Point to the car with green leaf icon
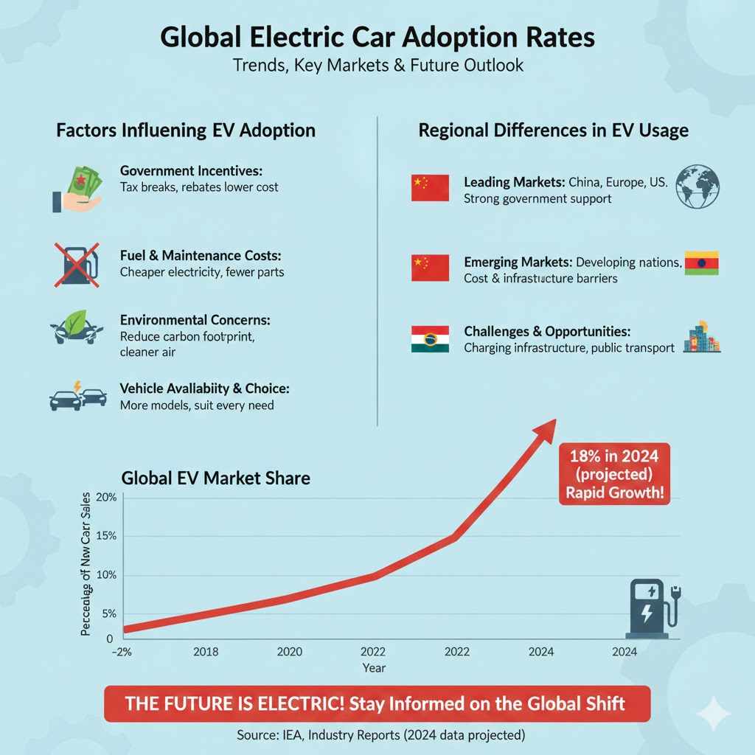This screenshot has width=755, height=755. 76,331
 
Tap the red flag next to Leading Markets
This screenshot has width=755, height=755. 430,188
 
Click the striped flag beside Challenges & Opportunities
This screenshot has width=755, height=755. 430,339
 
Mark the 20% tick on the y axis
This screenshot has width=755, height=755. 107,497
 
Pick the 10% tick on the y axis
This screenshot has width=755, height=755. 107,575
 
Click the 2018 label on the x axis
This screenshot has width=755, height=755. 206,652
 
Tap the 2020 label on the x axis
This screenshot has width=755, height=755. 289,652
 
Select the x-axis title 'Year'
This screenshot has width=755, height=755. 373,668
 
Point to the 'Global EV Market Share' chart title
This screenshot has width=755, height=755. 215,478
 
